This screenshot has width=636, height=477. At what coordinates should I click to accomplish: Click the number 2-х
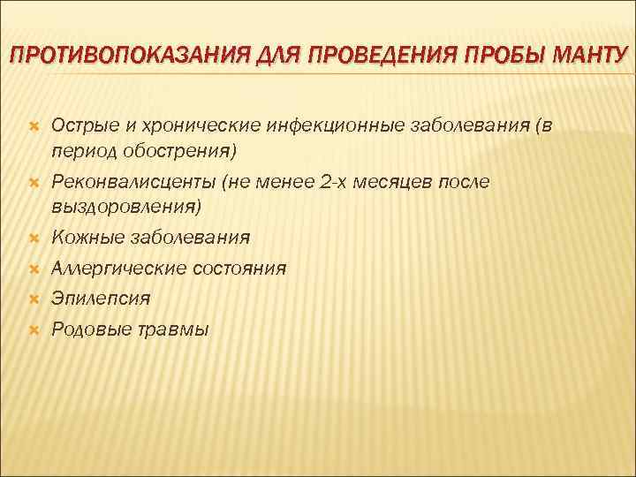pos(324,182)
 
